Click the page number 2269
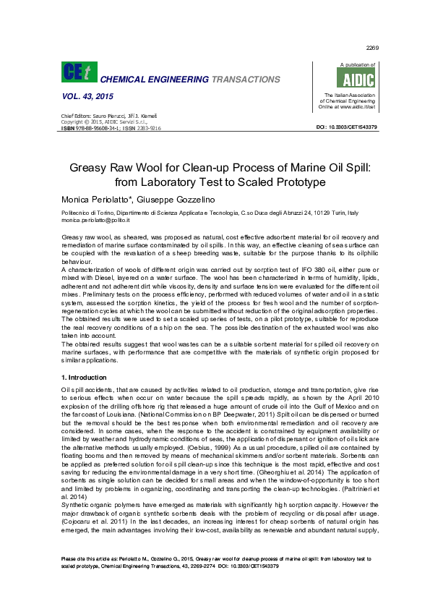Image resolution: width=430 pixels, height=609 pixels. pos(373,48)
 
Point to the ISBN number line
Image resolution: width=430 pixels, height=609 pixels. pos(111,127)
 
